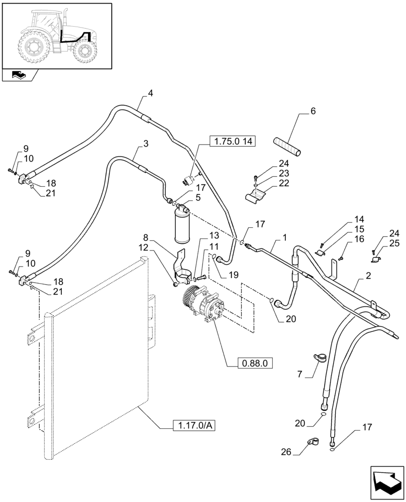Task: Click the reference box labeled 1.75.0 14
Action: [x=232, y=142]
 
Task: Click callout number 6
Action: [x=313, y=112]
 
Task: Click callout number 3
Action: [x=146, y=144]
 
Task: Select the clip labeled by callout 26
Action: [x=312, y=443]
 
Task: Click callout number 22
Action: [x=283, y=184]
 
